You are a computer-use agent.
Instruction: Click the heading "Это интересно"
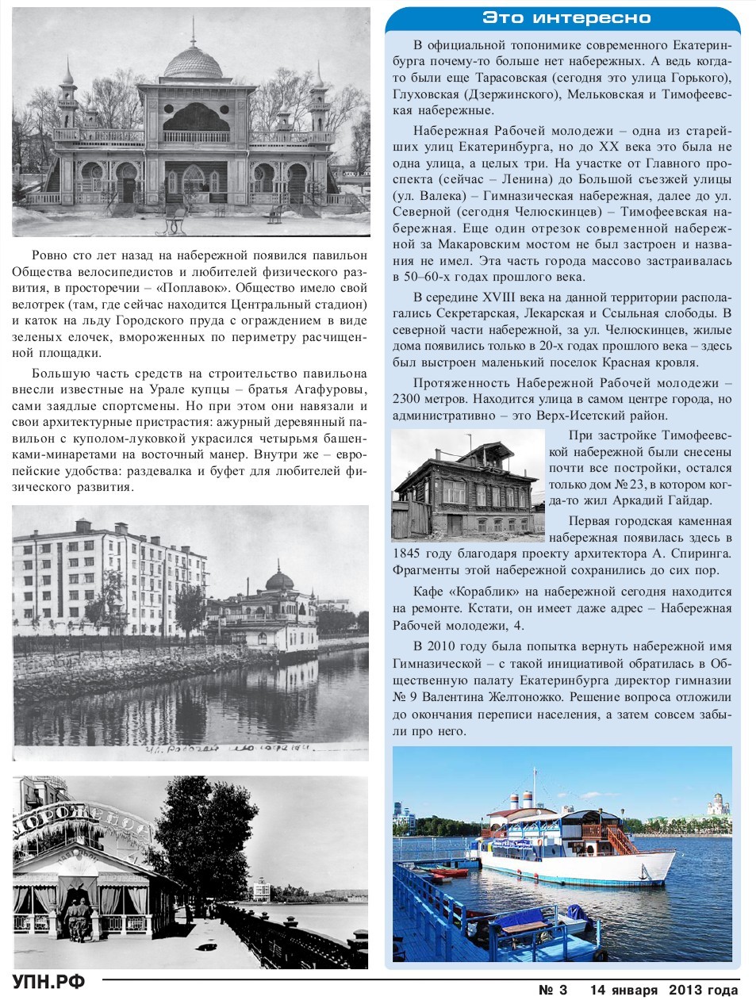click(x=566, y=18)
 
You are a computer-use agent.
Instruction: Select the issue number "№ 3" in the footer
click(x=553, y=990)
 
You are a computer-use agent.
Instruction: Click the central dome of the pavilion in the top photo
click(x=192, y=62)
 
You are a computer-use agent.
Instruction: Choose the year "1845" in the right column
click(x=408, y=554)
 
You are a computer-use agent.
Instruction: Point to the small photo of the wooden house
click(x=468, y=485)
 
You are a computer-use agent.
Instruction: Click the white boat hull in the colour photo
click(x=603, y=868)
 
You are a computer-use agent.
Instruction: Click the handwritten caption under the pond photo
click(x=226, y=749)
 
